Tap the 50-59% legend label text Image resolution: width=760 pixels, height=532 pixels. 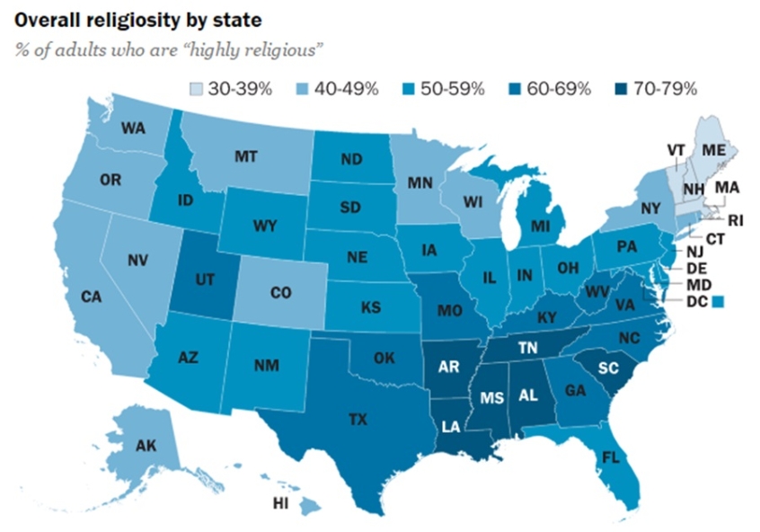(456, 88)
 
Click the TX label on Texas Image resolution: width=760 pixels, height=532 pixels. (358, 418)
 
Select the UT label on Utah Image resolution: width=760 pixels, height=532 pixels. (205, 280)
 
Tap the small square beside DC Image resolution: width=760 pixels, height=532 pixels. (716, 303)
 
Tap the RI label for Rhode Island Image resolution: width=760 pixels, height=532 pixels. (736, 218)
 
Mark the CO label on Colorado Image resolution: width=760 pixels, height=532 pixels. (280, 293)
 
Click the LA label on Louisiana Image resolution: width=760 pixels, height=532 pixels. (452, 426)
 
